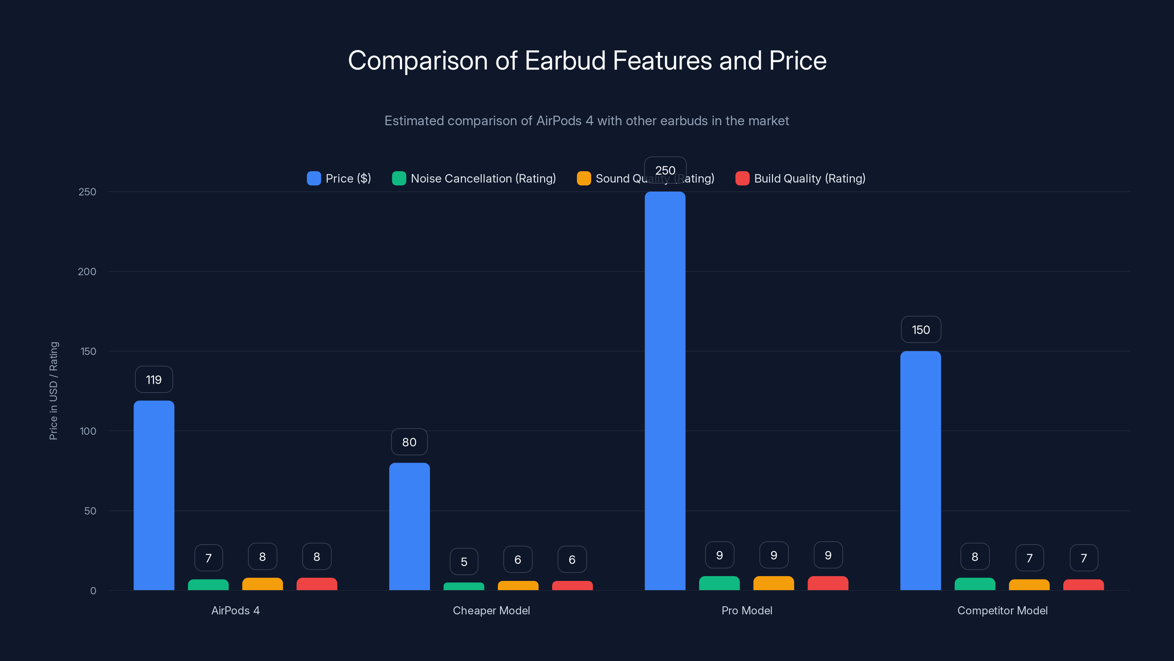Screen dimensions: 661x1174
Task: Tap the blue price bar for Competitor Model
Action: (920, 470)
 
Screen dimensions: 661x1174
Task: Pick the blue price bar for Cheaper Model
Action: (409, 527)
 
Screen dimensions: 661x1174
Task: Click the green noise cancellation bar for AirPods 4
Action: (208, 585)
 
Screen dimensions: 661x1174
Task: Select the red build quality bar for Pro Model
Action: (828, 583)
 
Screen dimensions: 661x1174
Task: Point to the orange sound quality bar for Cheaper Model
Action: (518, 585)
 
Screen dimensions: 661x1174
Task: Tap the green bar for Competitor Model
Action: (975, 584)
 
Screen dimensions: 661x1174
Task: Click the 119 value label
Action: (154, 380)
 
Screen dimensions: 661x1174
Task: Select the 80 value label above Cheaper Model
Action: (409, 442)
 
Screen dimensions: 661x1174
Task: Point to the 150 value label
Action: (920, 330)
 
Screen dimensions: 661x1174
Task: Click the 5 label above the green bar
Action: (464, 561)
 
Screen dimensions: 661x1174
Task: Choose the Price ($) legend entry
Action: (339, 178)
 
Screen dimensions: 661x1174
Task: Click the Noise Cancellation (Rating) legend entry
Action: (474, 178)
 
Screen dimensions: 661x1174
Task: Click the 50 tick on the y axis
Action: (90, 511)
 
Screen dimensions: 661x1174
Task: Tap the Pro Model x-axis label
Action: (747, 610)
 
